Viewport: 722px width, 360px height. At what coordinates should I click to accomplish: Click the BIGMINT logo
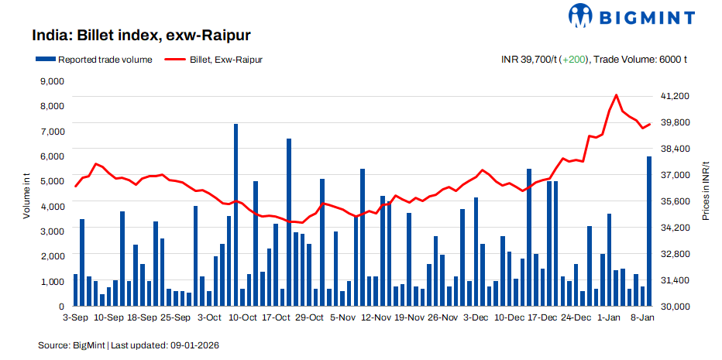click(x=632, y=15)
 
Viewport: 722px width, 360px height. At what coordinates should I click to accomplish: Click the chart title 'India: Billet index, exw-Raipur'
click(x=141, y=36)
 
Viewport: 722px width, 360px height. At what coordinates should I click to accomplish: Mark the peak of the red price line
click(x=616, y=95)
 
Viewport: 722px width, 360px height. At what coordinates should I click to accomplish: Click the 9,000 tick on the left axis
click(x=51, y=81)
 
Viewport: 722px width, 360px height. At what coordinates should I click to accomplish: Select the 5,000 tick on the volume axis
click(x=51, y=181)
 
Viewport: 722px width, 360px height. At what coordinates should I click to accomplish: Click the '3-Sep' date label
click(x=75, y=317)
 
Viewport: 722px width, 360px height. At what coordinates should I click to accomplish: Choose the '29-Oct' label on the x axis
click(x=309, y=317)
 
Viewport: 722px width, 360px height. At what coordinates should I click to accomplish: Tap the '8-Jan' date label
click(x=644, y=317)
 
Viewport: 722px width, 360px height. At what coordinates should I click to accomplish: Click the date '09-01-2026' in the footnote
click(x=196, y=344)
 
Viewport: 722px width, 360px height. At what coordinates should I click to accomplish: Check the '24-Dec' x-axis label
click(x=576, y=317)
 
